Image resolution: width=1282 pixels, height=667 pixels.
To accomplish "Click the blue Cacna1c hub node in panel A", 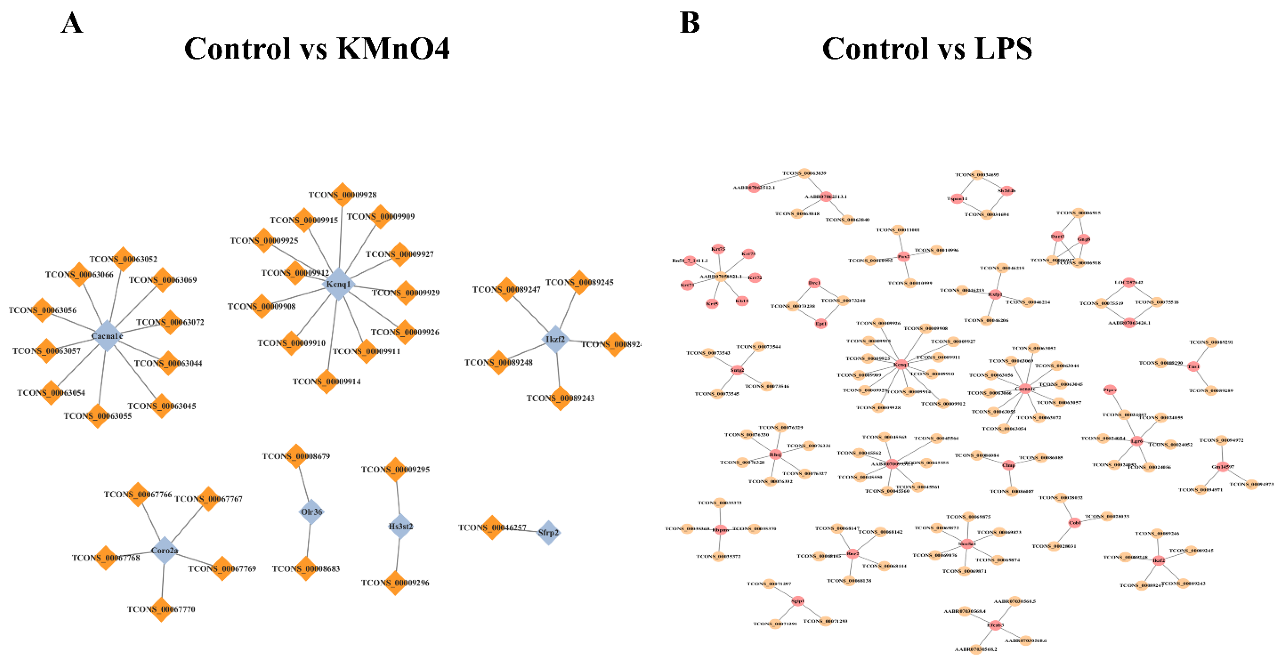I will tap(107, 336).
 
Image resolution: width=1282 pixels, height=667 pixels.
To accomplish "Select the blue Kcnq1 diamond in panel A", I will tap(338, 284).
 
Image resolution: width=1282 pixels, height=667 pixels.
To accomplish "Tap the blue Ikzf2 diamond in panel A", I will tap(555, 339).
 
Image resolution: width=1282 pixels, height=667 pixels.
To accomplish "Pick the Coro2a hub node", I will tap(164, 550).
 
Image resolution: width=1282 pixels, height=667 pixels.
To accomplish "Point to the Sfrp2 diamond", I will tap(548, 533).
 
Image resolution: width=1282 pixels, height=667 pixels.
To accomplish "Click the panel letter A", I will tap(72, 23).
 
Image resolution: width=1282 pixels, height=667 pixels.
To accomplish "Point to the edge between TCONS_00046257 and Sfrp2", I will tap(520, 530).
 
